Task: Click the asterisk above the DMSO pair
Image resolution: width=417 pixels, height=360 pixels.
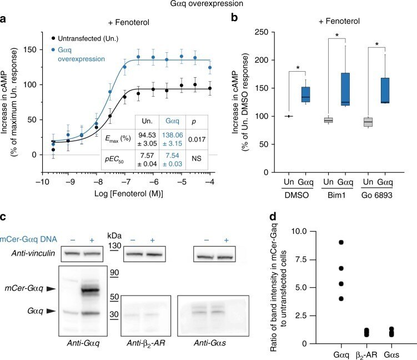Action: (x=298, y=68)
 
